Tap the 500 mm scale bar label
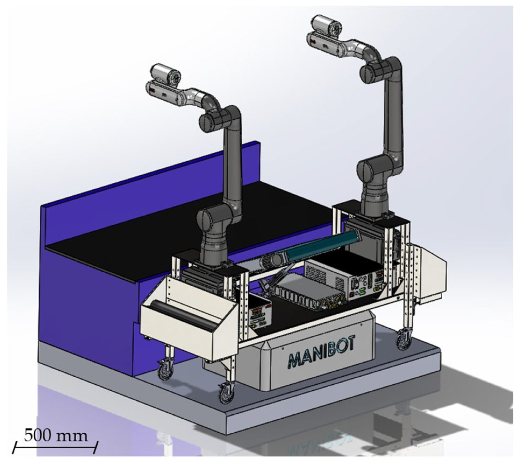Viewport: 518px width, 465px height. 56,436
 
